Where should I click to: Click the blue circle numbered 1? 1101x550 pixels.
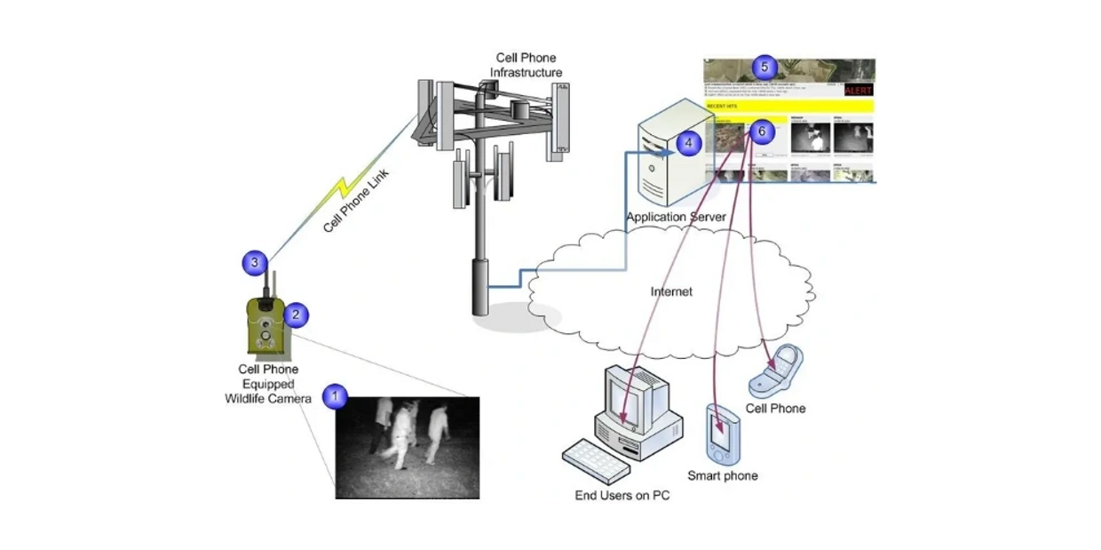point(334,396)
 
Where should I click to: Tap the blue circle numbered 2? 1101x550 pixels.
point(296,314)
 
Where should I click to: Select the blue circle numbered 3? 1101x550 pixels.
point(255,262)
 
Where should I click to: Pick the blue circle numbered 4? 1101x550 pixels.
point(688,142)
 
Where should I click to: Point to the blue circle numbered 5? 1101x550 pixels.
point(764,67)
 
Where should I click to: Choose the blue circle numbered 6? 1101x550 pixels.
point(759,131)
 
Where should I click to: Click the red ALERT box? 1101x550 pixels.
point(858,90)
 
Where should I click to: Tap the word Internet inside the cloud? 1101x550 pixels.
point(671,291)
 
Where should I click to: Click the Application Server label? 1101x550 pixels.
point(676,217)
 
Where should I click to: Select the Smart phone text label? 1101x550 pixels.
point(722,476)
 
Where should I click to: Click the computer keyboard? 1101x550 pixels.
point(603,460)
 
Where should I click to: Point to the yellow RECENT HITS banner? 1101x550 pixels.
point(789,106)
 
